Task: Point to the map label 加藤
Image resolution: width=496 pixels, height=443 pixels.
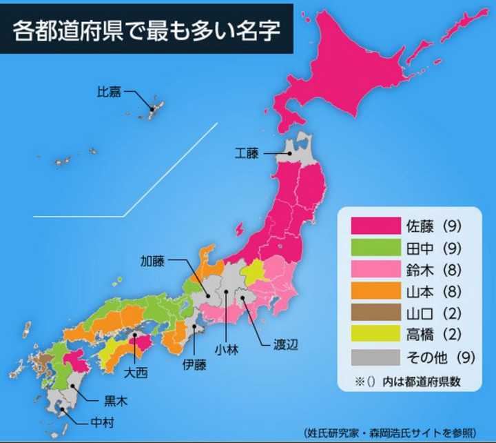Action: click(x=153, y=262)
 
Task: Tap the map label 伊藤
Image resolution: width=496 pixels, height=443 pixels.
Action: click(x=194, y=365)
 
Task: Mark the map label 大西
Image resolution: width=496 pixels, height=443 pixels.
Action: click(x=134, y=373)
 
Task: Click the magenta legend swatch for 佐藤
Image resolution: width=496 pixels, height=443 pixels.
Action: click(x=375, y=226)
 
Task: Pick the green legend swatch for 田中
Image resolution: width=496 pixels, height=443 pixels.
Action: click(x=375, y=248)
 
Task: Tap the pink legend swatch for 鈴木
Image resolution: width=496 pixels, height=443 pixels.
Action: click(x=375, y=270)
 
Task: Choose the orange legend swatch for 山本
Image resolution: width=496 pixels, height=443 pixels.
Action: click(x=375, y=292)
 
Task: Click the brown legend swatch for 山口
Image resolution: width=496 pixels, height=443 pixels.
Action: click(x=375, y=314)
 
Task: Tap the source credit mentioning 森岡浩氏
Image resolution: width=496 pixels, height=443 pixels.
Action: click(x=389, y=433)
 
